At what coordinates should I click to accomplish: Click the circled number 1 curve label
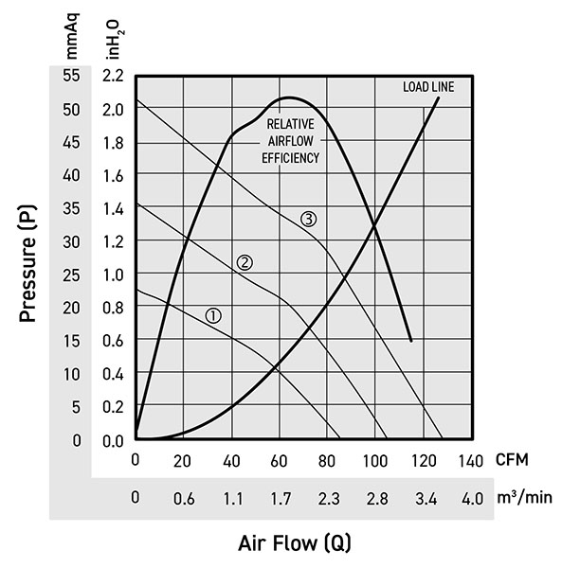point(213,315)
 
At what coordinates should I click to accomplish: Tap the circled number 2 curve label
point(244,262)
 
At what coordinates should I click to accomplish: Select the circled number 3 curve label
point(309,219)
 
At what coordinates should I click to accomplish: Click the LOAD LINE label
point(428,87)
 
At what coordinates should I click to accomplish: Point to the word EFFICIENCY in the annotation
point(290,158)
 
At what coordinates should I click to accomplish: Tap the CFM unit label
point(513,460)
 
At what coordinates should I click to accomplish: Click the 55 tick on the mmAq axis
point(71,75)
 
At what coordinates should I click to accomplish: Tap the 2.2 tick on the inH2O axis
point(113,75)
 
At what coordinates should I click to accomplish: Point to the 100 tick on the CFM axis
point(374,460)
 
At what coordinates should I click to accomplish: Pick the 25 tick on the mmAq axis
point(71,275)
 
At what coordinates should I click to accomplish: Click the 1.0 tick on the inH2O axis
point(113,275)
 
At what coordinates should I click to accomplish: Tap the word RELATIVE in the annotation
point(290,124)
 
